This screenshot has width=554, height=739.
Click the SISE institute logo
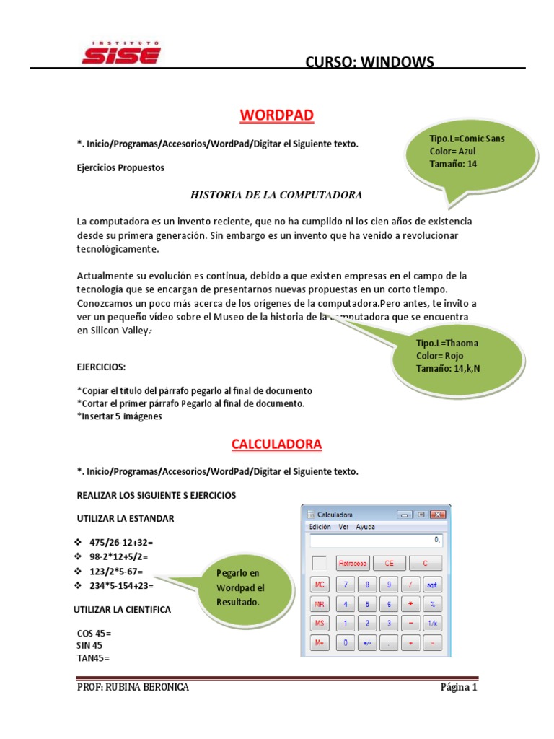(x=120, y=52)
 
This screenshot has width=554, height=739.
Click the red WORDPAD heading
(x=277, y=115)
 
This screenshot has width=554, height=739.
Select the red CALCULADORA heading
(x=277, y=444)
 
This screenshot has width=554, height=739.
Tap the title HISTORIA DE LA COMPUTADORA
(x=276, y=195)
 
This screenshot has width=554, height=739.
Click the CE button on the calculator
(x=390, y=563)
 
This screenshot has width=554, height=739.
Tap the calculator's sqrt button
(x=432, y=585)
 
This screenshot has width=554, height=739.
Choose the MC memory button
(x=320, y=585)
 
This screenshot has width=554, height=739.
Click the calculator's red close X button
(x=437, y=515)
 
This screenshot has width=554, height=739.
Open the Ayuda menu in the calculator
(x=365, y=527)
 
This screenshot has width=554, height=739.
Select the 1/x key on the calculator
(x=432, y=622)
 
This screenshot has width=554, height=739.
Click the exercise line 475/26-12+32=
(x=121, y=542)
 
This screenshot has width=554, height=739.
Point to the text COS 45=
(x=94, y=634)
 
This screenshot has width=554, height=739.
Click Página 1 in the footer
(x=459, y=688)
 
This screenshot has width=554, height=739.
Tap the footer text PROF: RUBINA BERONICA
(x=133, y=688)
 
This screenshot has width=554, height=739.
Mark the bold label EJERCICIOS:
(x=101, y=367)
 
